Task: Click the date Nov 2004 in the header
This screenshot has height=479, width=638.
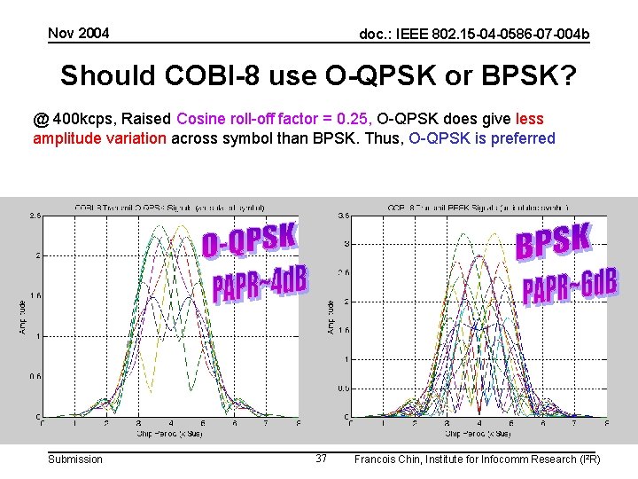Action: click(79, 33)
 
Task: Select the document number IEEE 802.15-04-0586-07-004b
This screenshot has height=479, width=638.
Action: click(474, 35)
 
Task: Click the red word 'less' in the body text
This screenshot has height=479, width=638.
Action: click(530, 118)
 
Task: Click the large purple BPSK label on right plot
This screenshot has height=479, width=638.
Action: click(553, 239)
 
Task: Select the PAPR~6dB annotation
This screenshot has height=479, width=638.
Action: click(571, 287)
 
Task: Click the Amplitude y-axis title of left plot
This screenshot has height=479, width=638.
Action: click(22, 315)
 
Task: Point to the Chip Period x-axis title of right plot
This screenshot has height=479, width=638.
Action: click(478, 434)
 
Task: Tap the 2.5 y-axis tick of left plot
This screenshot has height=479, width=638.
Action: click(35, 216)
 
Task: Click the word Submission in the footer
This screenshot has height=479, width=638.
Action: click(74, 459)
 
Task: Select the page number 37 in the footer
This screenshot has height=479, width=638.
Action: click(322, 459)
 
